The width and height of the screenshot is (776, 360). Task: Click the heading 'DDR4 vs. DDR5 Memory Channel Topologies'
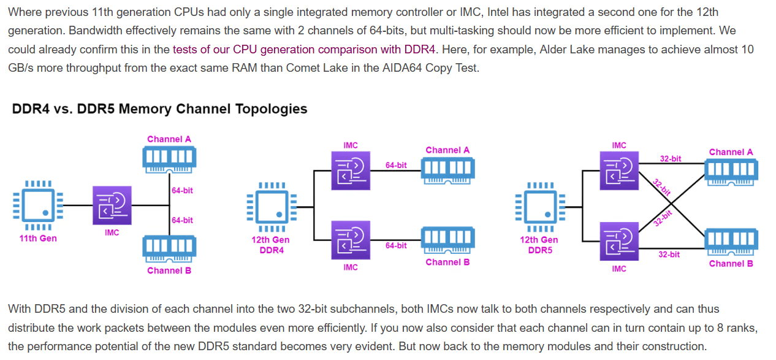point(159,109)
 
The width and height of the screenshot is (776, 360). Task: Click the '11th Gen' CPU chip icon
point(37,205)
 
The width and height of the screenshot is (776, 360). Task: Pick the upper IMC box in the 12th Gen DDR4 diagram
point(350,170)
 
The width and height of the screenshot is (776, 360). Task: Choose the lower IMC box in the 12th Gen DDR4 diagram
point(350,240)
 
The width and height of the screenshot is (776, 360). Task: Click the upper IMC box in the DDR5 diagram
point(619,170)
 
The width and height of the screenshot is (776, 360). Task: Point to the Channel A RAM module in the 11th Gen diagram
point(169,158)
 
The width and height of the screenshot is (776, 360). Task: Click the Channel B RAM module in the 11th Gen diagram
point(169,248)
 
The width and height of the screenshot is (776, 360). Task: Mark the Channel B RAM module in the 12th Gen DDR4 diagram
point(447,239)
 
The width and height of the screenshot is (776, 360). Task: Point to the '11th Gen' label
point(38,238)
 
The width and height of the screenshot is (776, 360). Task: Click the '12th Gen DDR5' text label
point(539,245)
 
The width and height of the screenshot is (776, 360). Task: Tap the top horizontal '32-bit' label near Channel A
point(670,158)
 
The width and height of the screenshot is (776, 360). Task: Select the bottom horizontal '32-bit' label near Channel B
point(669,254)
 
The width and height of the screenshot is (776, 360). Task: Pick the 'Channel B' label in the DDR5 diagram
point(731,264)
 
